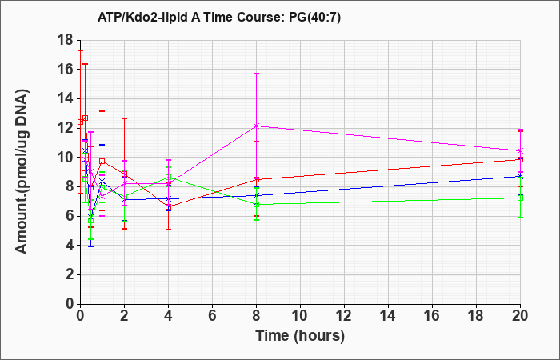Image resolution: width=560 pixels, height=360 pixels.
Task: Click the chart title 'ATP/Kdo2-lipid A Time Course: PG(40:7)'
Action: (x=219, y=17)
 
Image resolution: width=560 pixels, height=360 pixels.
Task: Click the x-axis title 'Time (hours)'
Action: (x=300, y=336)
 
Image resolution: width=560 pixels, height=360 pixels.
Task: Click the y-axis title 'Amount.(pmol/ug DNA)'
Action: (x=22, y=171)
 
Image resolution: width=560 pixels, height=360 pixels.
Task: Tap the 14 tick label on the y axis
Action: (x=66, y=98)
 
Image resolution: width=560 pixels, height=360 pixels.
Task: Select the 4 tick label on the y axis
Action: (x=70, y=246)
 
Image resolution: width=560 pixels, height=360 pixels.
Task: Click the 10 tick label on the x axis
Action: (x=300, y=316)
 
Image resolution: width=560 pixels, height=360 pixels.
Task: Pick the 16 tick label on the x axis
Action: (x=432, y=316)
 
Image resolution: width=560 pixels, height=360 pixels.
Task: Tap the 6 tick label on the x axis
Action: (x=212, y=316)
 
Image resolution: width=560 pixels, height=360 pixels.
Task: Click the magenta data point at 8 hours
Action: (x=257, y=126)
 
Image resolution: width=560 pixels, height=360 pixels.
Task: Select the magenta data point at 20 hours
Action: (x=520, y=150)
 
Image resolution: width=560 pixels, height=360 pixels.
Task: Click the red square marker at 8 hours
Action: (x=257, y=180)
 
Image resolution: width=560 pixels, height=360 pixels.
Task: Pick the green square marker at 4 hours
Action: (x=168, y=178)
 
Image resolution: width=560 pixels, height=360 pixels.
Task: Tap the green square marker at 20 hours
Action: (x=520, y=198)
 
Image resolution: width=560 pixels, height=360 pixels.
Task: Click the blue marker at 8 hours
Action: (x=257, y=196)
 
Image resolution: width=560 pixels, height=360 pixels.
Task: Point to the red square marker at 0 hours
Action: (x=80, y=122)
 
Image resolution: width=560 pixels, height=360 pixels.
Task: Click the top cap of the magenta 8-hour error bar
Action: (x=257, y=74)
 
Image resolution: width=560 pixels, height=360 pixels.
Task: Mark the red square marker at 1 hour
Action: (x=102, y=162)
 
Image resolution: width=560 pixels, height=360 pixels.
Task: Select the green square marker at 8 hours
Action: (x=257, y=205)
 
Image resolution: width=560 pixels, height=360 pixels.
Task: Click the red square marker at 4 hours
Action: (x=168, y=206)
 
